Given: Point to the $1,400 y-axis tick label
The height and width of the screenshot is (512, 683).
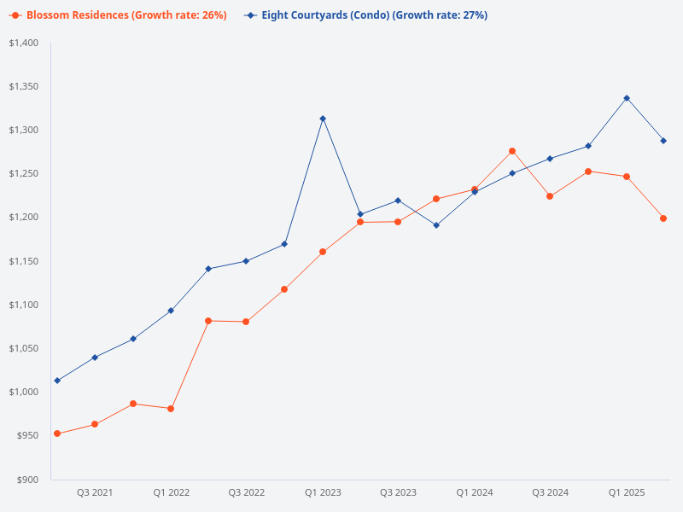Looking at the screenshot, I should [x=24, y=43].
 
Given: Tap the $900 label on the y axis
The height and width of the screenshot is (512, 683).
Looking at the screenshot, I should [x=28, y=480].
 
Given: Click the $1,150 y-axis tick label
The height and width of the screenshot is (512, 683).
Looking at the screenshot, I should [x=24, y=261].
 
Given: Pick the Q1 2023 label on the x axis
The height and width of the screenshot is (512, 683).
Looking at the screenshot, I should [x=323, y=492].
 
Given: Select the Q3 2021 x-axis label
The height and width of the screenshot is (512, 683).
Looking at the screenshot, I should [x=95, y=492].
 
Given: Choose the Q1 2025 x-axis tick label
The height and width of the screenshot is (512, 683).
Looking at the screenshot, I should [x=626, y=492].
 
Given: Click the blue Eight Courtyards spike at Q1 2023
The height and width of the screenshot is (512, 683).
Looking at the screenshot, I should [x=323, y=119].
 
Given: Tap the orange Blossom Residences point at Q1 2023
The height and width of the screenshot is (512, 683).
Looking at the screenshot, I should [x=323, y=252].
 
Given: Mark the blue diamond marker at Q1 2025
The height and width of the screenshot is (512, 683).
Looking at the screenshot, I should [x=626, y=98].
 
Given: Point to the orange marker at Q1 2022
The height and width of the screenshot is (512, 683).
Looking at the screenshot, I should [x=171, y=409].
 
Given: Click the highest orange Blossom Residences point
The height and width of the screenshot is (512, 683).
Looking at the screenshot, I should [x=512, y=151].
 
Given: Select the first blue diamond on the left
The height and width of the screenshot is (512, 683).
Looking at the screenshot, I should [x=57, y=381].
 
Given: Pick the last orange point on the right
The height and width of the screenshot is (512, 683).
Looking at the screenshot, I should [x=663, y=218].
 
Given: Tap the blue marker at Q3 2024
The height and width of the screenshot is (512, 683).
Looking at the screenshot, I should [x=550, y=159].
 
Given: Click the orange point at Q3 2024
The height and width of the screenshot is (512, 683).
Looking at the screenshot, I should [x=550, y=196].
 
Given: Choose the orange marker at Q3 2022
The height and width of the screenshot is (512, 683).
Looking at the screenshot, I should [x=246, y=322].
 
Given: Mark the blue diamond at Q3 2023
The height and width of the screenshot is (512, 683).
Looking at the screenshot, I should [x=398, y=201].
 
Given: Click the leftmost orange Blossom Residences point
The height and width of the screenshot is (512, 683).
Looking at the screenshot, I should [x=57, y=433].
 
